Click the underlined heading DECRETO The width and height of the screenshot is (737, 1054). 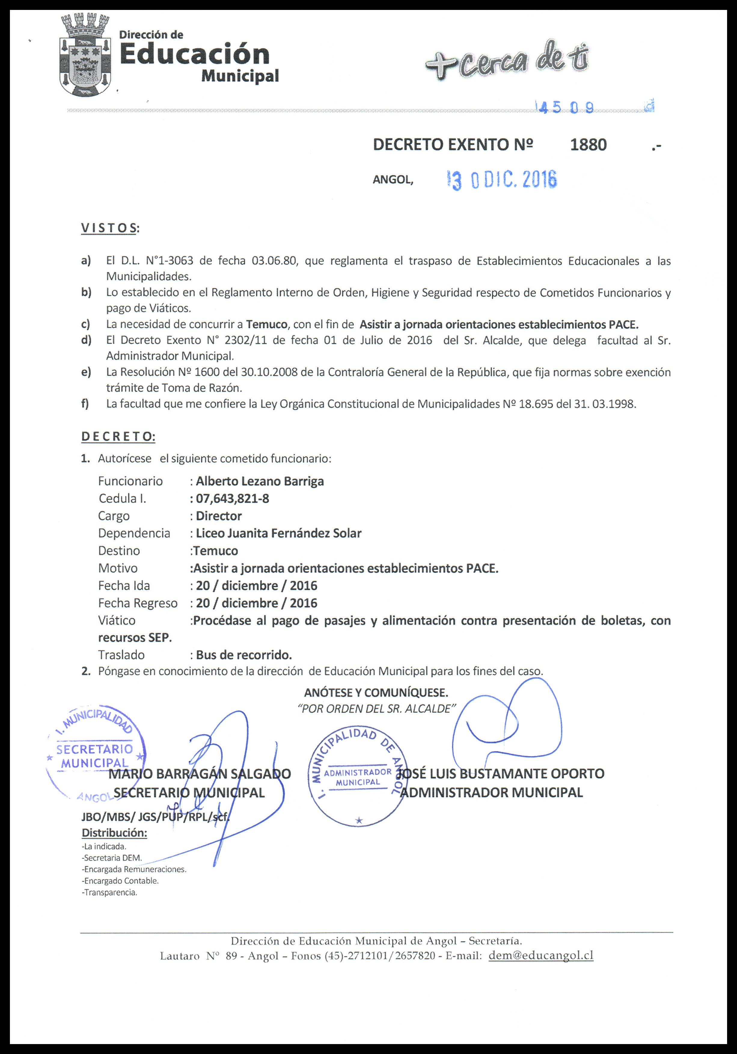[118, 437]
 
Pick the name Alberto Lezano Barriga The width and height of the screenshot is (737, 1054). [260, 481]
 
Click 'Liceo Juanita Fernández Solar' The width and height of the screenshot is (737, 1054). [278, 533]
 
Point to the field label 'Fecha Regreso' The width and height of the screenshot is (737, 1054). [138, 603]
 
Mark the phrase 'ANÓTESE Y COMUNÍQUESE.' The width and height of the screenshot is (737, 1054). [376, 692]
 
